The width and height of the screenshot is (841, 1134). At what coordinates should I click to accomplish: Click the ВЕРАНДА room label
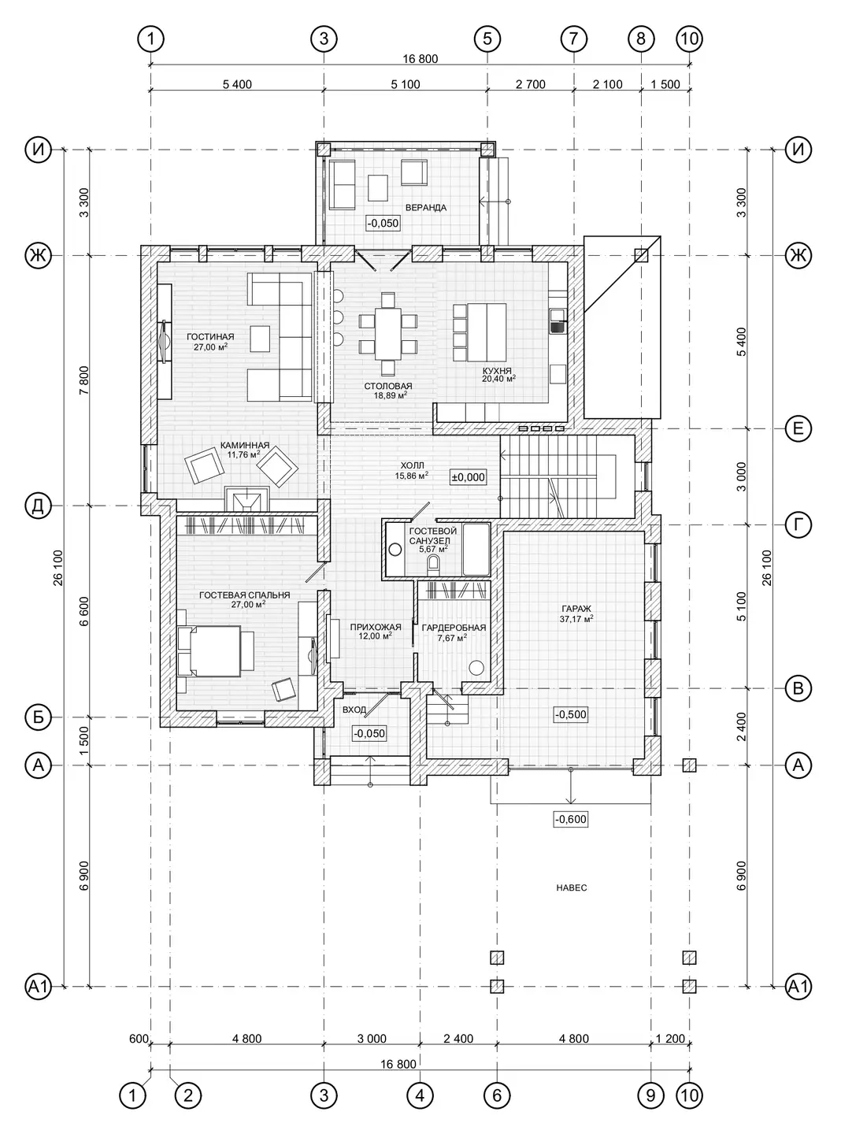(x=425, y=208)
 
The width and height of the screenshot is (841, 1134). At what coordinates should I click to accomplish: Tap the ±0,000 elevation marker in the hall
(x=469, y=477)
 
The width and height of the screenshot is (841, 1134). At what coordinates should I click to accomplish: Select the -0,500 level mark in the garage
(x=571, y=714)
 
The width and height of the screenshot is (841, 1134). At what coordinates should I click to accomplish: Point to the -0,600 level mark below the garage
(x=571, y=819)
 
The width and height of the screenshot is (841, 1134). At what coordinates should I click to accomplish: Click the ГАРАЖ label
(x=576, y=609)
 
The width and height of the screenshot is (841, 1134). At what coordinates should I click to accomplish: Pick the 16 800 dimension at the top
(x=420, y=59)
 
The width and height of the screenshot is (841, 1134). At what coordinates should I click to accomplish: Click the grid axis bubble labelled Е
(x=798, y=428)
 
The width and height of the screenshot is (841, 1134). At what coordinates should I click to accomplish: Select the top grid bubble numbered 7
(x=573, y=39)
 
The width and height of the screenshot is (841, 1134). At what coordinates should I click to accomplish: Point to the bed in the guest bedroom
(x=209, y=651)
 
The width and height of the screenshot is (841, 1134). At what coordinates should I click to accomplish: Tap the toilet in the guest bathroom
(x=434, y=564)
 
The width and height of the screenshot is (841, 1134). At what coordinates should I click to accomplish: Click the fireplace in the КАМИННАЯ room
(x=247, y=498)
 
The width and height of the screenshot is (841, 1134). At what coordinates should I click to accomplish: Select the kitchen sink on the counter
(x=557, y=321)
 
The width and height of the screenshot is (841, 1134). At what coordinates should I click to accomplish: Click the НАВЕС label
(x=572, y=888)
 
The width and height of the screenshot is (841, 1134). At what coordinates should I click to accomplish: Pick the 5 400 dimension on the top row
(x=237, y=84)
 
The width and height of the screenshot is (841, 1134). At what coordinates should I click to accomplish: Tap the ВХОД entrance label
(x=354, y=710)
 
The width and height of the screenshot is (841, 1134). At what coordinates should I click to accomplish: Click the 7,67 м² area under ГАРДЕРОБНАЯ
(x=452, y=637)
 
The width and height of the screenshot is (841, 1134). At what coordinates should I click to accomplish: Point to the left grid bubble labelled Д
(x=39, y=506)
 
